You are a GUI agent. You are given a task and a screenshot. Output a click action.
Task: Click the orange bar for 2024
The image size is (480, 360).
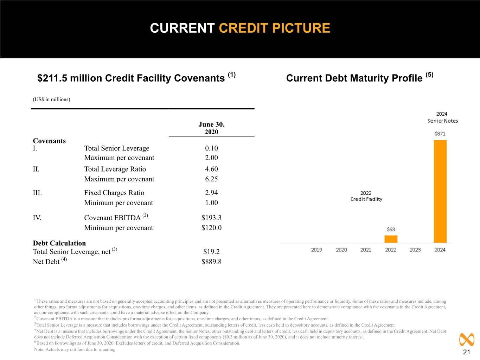click(x=440, y=191)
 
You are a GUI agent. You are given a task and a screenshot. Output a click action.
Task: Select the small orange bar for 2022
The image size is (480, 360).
click(x=391, y=239)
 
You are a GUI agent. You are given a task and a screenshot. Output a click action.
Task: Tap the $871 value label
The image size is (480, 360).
click(x=440, y=134)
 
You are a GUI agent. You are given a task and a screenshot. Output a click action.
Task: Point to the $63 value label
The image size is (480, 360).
click(x=391, y=229)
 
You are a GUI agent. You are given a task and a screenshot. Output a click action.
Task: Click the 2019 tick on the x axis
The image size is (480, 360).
click(x=316, y=250)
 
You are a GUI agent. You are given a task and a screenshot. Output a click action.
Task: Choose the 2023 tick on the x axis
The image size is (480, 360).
click(x=415, y=250)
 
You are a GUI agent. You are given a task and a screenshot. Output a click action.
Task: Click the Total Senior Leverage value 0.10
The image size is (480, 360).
click(x=211, y=148)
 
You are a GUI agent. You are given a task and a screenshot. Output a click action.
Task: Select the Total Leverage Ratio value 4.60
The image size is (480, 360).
click(x=211, y=169)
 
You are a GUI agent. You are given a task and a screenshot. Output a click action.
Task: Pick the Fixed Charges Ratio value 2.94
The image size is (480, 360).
click(x=211, y=193)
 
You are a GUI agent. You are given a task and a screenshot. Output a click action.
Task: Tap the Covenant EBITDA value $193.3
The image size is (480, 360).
click(x=211, y=218)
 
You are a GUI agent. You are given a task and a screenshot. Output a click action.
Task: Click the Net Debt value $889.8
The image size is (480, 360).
click(x=211, y=262)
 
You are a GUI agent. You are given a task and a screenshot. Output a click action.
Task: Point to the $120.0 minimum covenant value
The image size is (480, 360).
click(x=211, y=227)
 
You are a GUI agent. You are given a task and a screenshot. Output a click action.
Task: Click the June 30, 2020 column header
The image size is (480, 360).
click(x=211, y=128)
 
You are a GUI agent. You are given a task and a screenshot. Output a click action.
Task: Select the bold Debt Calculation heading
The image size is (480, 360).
click(x=59, y=243)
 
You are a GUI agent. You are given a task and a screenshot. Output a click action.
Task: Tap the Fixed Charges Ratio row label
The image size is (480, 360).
click(x=114, y=193)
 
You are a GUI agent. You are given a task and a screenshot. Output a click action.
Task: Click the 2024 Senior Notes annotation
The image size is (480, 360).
click(x=442, y=117)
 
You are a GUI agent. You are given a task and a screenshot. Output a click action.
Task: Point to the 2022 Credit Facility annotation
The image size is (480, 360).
click(x=366, y=196)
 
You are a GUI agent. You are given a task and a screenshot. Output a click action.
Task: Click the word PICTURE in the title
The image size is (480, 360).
click(x=301, y=28)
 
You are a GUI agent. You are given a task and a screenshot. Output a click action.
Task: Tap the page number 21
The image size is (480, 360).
click(x=466, y=352)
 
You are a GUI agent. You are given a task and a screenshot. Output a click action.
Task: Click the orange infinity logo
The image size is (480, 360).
click(x=467, y=340)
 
